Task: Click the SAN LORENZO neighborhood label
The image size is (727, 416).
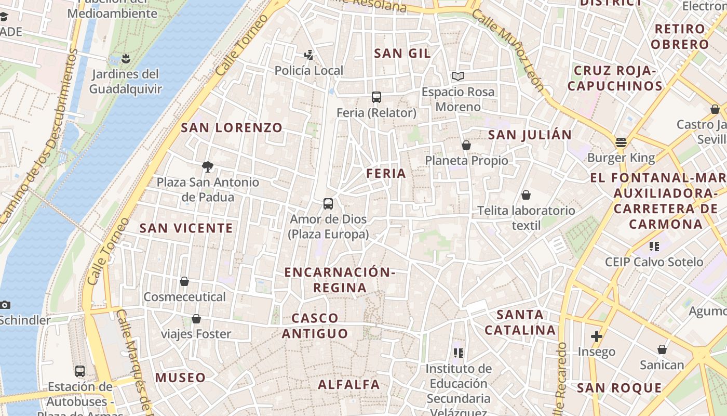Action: tap(232, 127)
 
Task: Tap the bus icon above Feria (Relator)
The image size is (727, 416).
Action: tap(376, 97)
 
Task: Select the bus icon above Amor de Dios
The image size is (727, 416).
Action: tap(328, 204)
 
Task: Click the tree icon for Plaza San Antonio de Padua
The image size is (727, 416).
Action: tap(208, 166)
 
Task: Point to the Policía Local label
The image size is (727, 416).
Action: tap(308, 70)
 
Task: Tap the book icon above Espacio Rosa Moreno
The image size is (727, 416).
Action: tap(457, 76)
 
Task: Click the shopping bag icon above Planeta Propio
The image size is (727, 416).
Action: tap(466, 145)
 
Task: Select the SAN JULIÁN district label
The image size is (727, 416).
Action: tap(530, 135)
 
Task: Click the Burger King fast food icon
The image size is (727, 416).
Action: tap(621, 142)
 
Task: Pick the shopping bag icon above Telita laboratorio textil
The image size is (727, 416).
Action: tap(526, 195)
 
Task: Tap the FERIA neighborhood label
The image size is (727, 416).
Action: tap(386, 174)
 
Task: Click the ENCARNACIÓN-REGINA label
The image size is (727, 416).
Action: tap(340, 280)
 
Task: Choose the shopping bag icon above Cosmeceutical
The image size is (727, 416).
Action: tap(184, 281)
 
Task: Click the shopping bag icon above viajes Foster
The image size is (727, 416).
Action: tap(196, 319)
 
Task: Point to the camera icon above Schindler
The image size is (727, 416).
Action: tap(5, 305)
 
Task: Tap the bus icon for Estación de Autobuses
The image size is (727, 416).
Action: tap(80, 371)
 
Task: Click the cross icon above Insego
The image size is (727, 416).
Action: tap(597, 336)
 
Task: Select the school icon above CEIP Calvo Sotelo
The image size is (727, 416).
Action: tap(654, 246)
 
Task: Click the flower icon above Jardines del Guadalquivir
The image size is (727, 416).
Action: tap(125, 58)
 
